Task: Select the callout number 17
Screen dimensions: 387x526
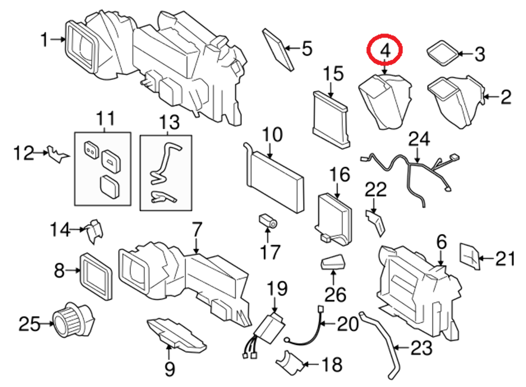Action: point(270,252)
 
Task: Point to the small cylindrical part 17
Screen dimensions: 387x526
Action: point(268,221)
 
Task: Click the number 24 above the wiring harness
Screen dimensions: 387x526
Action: point(419,139)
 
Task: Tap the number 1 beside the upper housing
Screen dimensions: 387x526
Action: point(45,39)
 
